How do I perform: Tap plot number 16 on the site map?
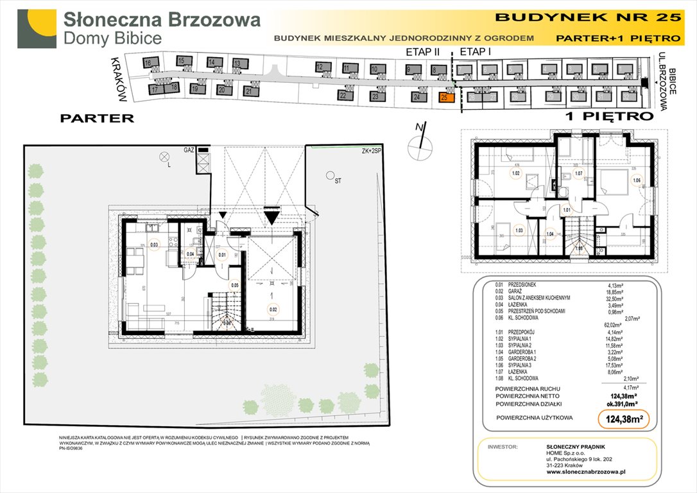click(148, 63)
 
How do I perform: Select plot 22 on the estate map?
click(343, 96)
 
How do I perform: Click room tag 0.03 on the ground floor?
click(154, 243)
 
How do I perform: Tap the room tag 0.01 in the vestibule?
click(222, 255)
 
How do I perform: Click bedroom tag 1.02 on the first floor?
click(515, 173)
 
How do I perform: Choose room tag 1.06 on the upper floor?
click(637, 180)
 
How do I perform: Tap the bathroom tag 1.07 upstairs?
click(578, 173)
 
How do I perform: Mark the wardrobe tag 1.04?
click(550, 234)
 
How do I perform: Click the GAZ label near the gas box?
click(189, 150)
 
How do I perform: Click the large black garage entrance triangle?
click(271, 217)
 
